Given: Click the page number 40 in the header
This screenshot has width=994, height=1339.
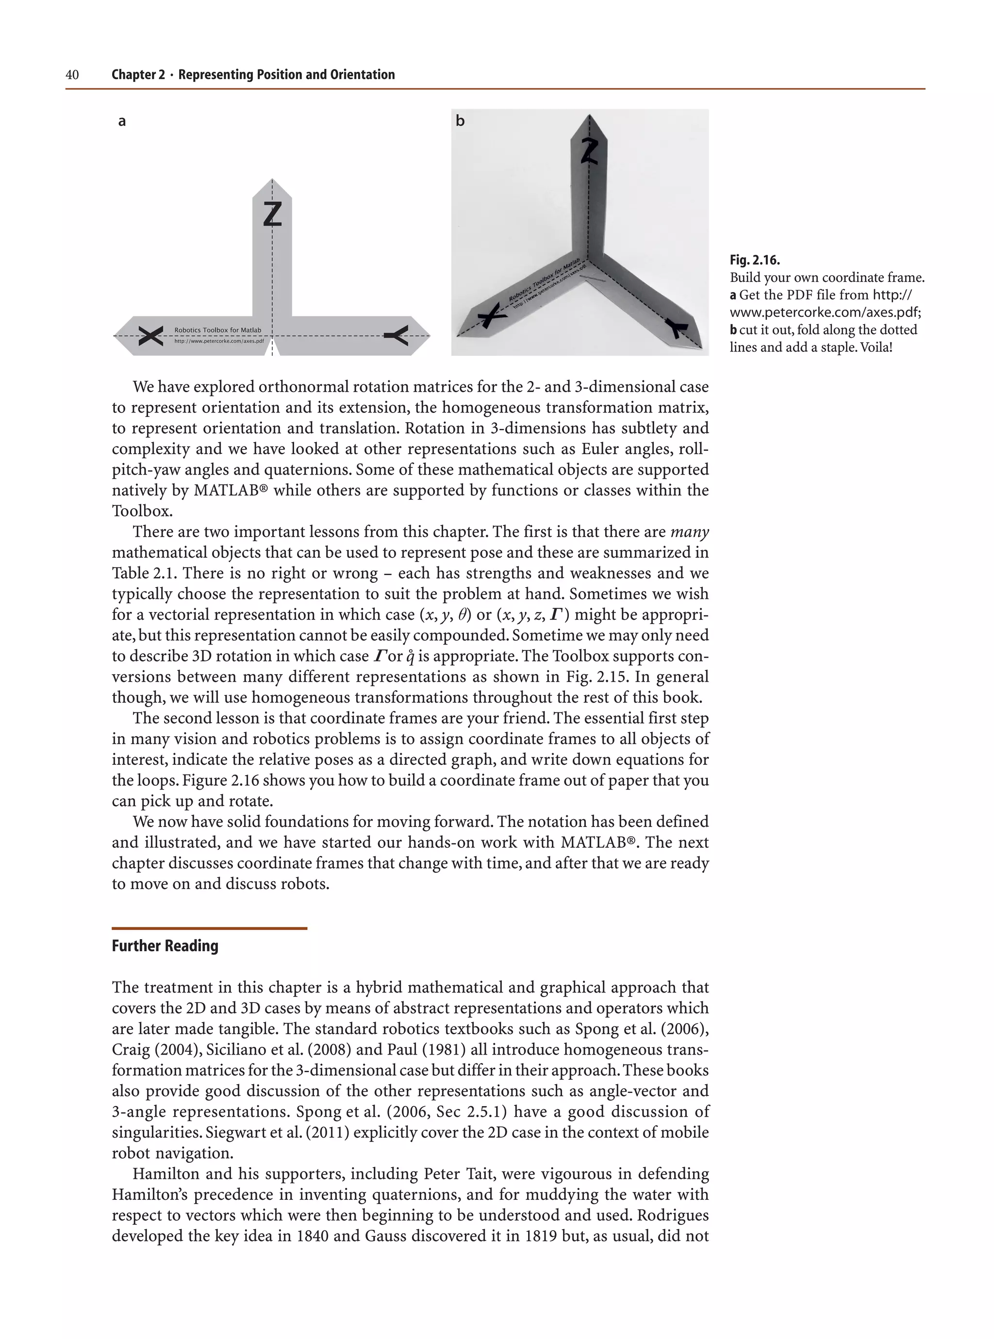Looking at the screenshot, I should point(72,75).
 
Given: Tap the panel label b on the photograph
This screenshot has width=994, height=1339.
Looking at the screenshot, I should point(460,121).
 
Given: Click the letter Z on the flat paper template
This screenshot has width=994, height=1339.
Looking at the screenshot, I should point(273,214).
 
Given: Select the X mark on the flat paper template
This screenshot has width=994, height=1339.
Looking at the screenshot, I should point(150,336).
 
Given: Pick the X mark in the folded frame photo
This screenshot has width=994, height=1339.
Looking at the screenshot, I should point(492,314).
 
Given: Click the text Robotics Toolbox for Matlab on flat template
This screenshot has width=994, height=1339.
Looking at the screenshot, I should point(218,330).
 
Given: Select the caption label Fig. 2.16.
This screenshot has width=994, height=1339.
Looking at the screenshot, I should point(755,260).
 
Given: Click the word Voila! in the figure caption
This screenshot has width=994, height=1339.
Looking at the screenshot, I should point(876,347).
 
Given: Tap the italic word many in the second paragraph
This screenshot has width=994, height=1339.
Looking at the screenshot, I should point(690,532).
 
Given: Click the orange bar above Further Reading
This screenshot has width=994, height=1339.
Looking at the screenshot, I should point(209,928).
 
